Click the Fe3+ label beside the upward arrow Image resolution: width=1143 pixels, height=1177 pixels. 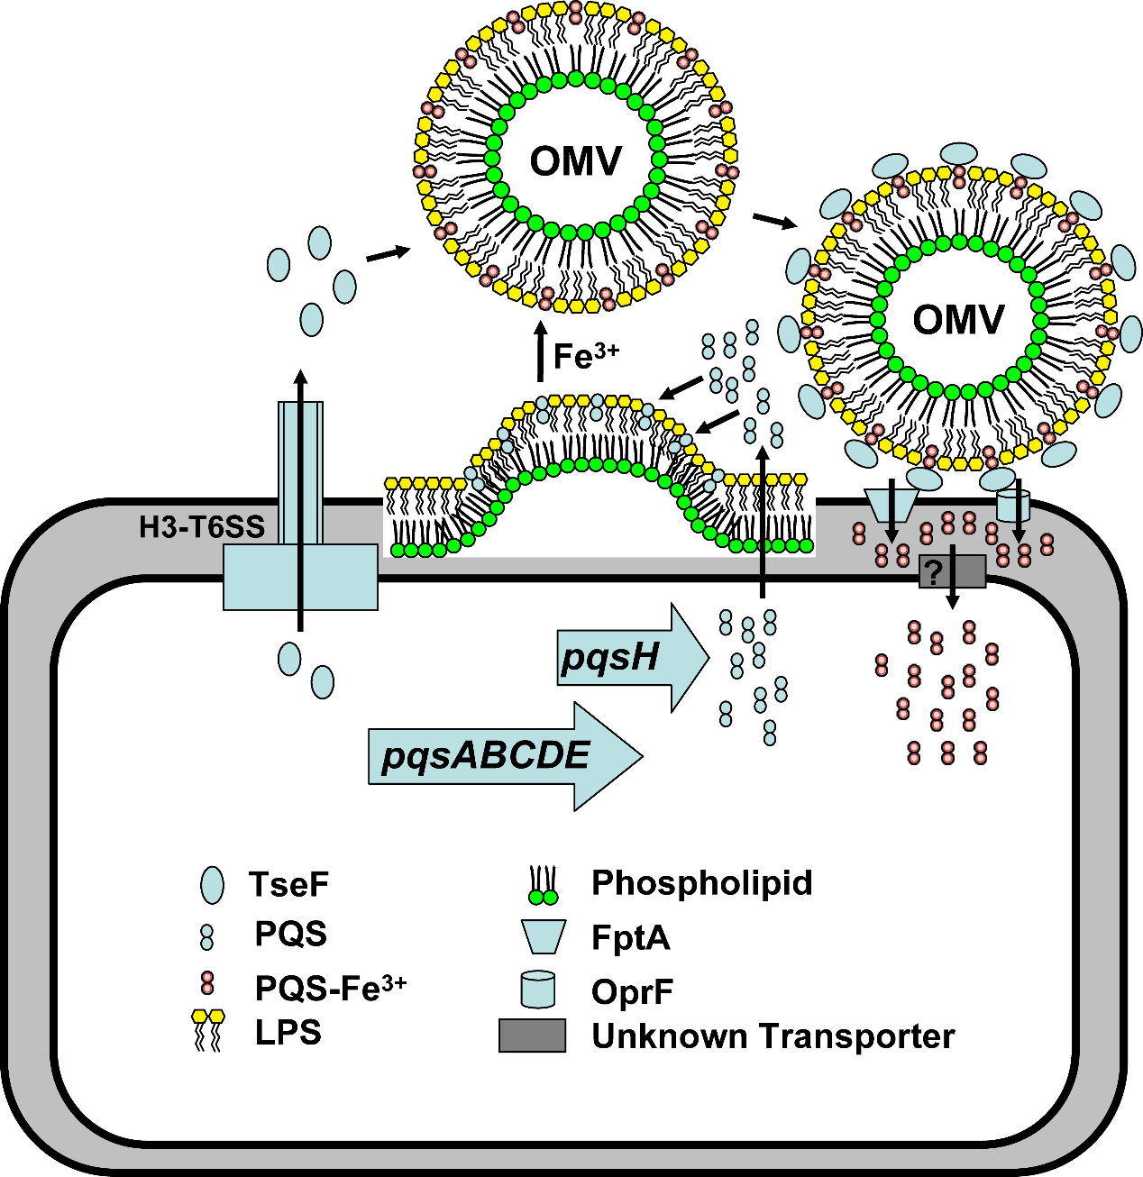click(586, 356)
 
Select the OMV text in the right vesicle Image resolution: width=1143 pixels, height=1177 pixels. click(958, 320)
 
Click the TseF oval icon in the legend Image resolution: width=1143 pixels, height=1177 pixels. click(212, 885)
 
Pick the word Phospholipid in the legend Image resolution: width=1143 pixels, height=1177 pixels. click(701, 883)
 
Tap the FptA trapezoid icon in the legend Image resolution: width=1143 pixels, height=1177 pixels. click(543, 937)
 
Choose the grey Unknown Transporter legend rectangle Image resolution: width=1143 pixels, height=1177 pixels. click(532, 1036)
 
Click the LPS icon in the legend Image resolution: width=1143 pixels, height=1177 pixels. click(208, 1030)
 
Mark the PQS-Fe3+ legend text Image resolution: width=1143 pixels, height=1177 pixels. click(330, 989)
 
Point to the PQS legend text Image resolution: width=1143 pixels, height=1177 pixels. click(290, 935)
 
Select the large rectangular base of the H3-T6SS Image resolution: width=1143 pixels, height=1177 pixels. click(300, 577)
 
